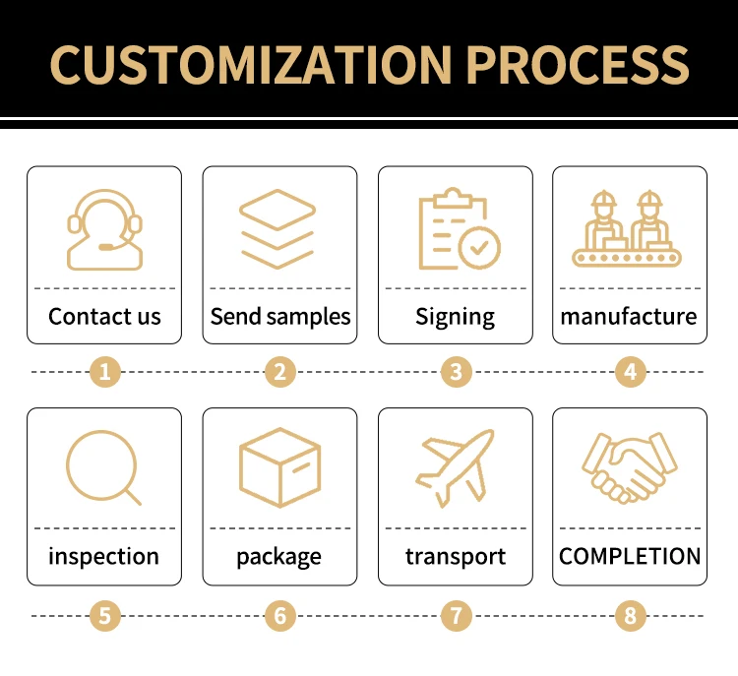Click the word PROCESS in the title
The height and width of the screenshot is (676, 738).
[x=578, y=64]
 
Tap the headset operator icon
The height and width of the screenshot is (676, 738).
[x=104, y=229]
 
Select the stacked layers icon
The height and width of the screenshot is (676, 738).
[x=279, y=229]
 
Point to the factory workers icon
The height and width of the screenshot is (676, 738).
[x=629, y=229]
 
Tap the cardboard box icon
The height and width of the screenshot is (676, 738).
[x=279, y=467]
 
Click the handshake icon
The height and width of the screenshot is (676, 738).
[x=629, y=467]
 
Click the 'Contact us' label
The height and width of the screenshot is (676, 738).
[x=104, y=316]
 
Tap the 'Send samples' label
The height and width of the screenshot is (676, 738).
[x=280, y=316]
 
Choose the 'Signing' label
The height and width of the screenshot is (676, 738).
[x=455, y=316]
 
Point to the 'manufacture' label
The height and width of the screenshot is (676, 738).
[x=629, y=316]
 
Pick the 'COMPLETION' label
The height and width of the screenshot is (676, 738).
[x=630, y=556]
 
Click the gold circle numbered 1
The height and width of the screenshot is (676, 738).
[x=105, y=372]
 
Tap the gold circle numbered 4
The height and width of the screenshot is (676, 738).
[x=630, y=372]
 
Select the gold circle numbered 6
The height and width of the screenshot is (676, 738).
[x=280, y=617]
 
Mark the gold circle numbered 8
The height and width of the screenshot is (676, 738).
[x=630, y=617]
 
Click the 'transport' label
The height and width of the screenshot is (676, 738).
[x=456, y=556]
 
